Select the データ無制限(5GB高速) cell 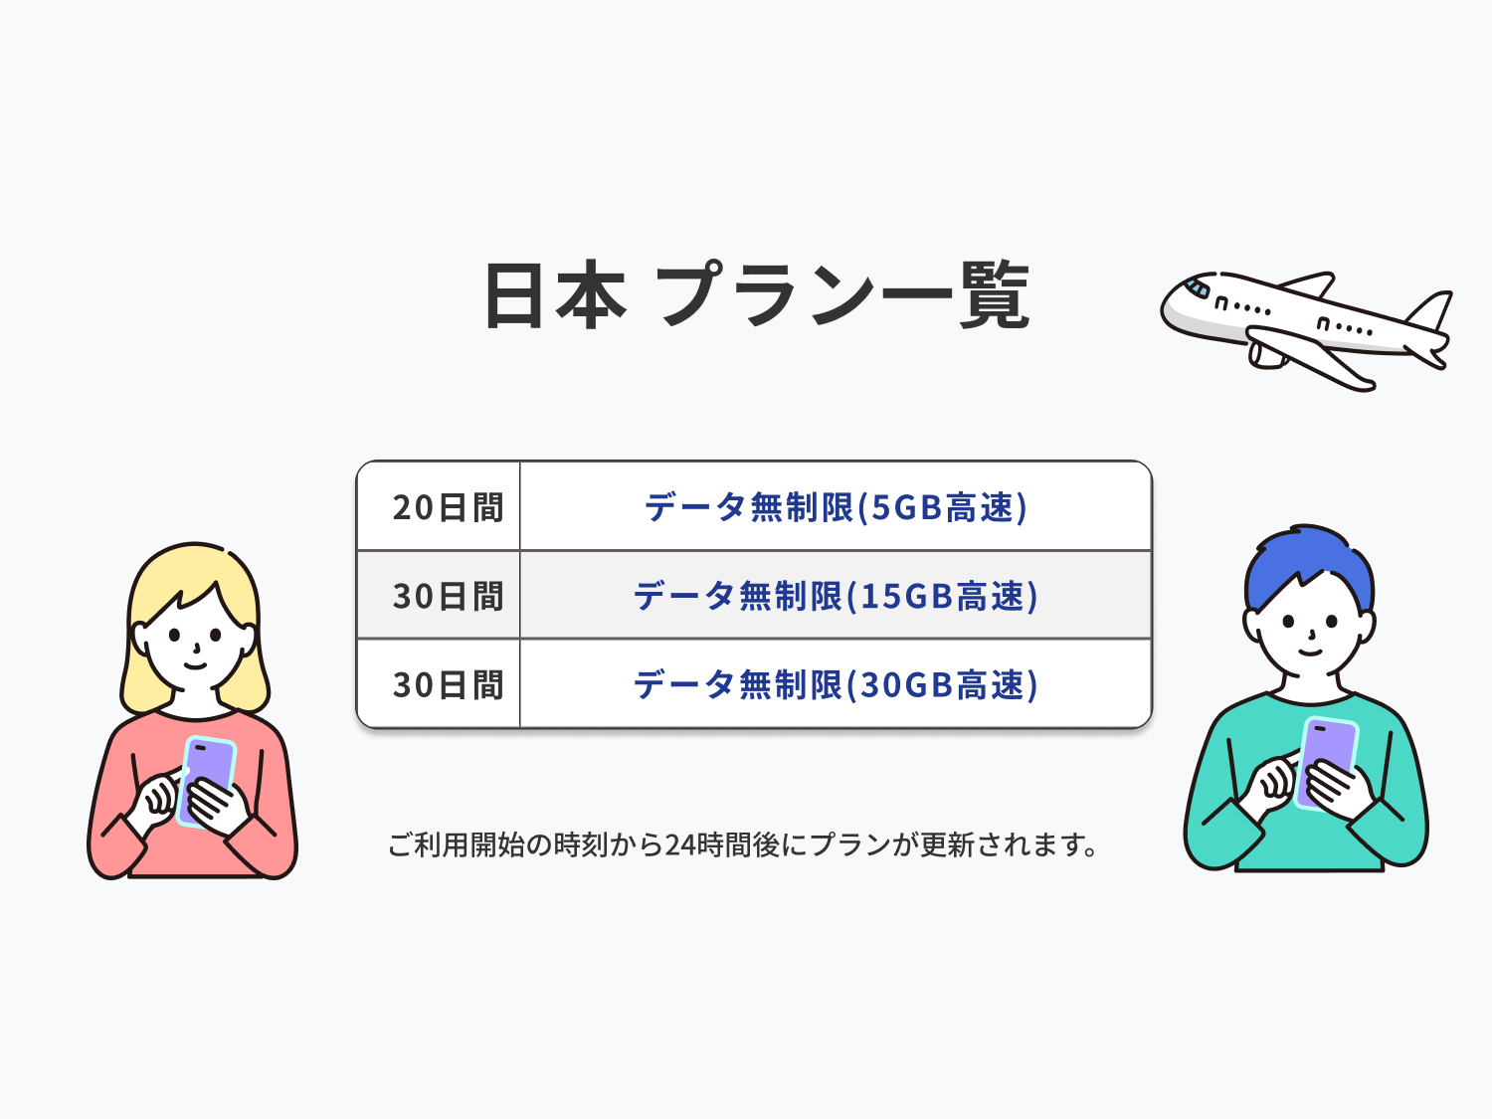(836, 507)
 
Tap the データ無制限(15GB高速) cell (836, 596)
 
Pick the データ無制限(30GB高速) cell (836, 684)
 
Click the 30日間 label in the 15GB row (448, 596)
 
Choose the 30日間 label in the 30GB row (448, 684)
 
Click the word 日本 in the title (555, 295)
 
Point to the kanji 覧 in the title (995, 295)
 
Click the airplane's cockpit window (1198, 288)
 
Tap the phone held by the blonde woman (206, 782)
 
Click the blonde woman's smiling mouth (195, 666)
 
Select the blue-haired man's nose (1312, 637)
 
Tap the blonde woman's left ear (139, 638)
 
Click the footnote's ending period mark (1091, 852)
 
